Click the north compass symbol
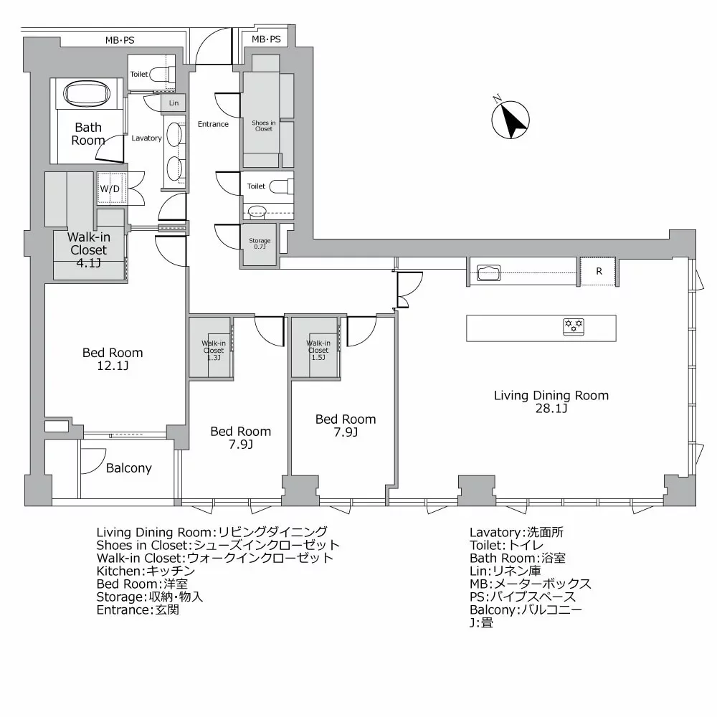511,119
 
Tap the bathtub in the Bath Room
87,94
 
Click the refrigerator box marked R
598,271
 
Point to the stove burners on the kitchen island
574,326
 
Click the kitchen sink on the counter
489,273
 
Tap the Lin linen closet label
174,103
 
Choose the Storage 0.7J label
260,244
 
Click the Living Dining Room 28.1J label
551,402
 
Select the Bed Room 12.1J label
113,359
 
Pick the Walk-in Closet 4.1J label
89,250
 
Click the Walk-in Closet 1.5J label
318,350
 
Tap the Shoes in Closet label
264,125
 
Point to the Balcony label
128,468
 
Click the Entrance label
213,124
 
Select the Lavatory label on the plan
146,138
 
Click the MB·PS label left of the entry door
120,40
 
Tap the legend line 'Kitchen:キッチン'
146,571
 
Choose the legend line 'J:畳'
482,622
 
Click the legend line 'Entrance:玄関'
138,609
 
